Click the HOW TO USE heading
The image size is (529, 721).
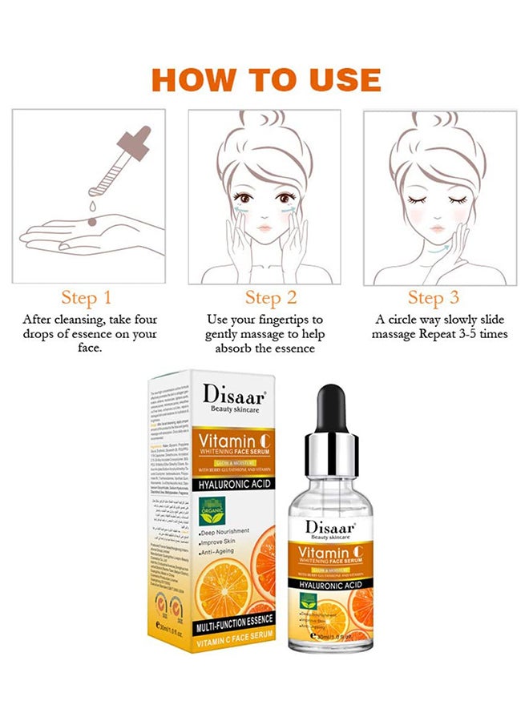[x=265, y=79]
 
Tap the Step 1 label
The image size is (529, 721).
[x=86, y=298]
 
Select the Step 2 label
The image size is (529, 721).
[x=270, y=298]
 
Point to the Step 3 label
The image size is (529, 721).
[x=433, y=298]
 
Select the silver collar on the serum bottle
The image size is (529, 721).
[x=330, y=443]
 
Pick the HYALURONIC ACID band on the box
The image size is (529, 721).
[x=237, y=483]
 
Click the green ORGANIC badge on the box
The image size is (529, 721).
[x=212, y=510]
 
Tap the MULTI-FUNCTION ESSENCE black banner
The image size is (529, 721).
[x=233, y=619]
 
